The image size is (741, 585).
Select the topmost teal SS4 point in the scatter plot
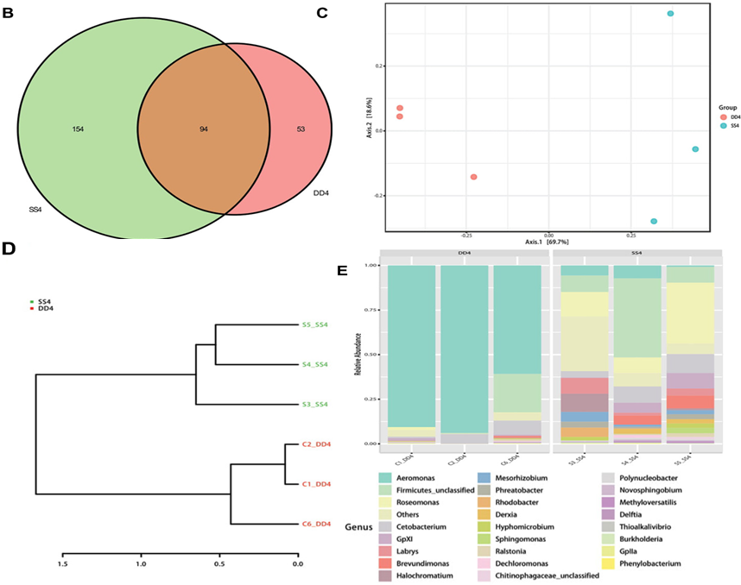[x=670, y=14]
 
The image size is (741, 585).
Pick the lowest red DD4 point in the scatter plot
[x=473, y=177]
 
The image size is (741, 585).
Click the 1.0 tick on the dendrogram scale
[x=141, y=564]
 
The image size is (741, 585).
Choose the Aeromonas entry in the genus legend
[x=427, y=476]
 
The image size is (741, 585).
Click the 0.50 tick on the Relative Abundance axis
[x=370, y=355]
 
